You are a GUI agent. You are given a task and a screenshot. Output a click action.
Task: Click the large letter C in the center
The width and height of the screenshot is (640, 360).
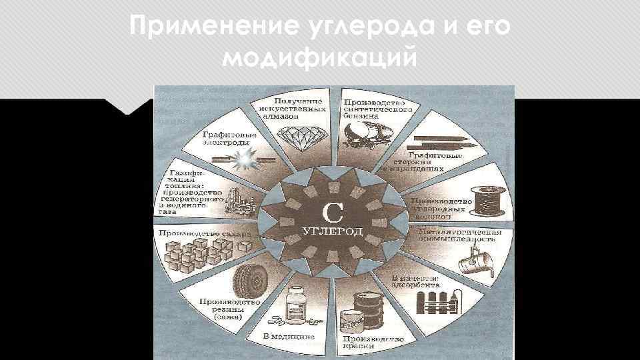tap(333, 213)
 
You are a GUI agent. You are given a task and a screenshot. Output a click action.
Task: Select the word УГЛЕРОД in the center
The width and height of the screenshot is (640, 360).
tap(333, 231)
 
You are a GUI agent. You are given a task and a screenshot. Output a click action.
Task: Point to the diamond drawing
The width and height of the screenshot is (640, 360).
tap(298, 139)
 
